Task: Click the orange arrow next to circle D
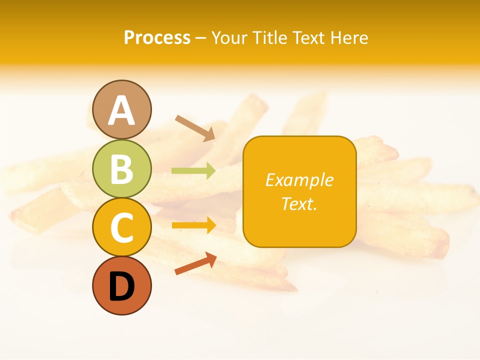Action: [195, 263]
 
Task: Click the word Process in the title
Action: [157, 38]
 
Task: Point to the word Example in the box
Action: [299, 180]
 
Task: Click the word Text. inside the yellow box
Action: [299, 203]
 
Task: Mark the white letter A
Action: [121, 110]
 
